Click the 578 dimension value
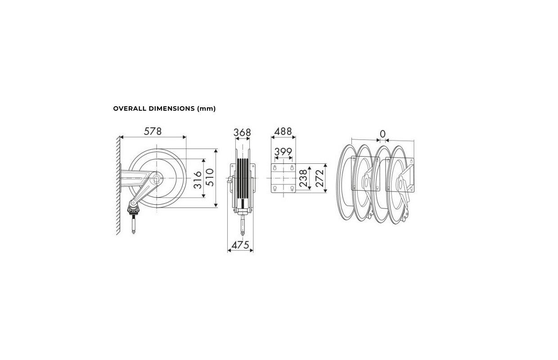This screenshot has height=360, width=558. [x=153, y=131]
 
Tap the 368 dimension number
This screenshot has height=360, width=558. [x=242, y=133]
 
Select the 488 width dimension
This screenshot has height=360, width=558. [x=283, y=131]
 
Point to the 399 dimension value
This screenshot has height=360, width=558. [x=283, y=152]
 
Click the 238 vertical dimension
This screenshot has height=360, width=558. [x=303, y=178]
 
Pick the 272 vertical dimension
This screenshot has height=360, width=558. [x=319, y=178]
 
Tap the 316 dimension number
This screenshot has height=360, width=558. [x=198, y=180]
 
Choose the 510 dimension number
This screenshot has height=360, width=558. [x=210, y=177]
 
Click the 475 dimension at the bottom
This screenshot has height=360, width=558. [x=240, y=245]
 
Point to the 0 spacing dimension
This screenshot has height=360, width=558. [x=382, y=134]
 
